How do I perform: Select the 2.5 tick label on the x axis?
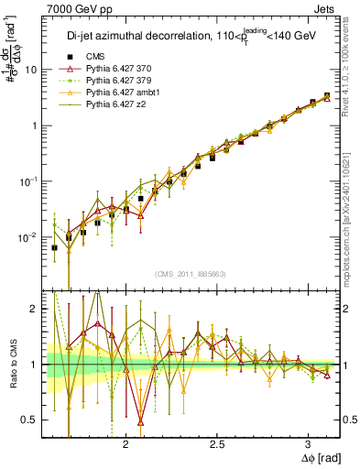tap(218, 443)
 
